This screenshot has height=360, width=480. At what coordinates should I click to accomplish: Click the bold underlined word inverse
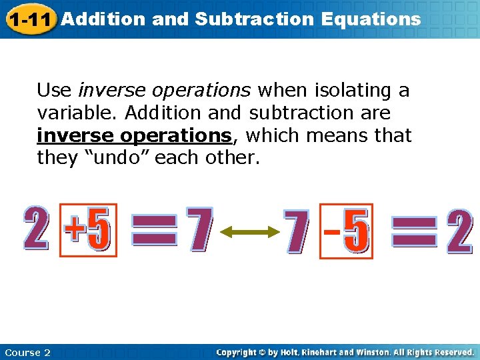(75, 135)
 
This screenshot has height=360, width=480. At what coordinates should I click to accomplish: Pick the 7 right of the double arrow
(297, 231)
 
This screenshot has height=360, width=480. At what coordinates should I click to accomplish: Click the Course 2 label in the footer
(27, 353)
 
